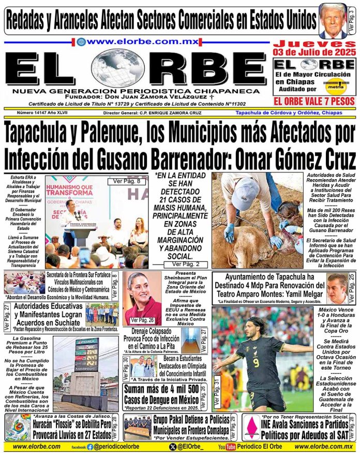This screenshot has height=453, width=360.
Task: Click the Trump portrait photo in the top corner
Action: click(x=333, y=21)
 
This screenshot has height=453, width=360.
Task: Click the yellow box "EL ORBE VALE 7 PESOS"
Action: click(x=314, y=101)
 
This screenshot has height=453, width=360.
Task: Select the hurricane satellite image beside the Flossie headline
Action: click(x=16, y=428)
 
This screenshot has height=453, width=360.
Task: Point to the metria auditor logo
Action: click(x=341, y=84)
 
